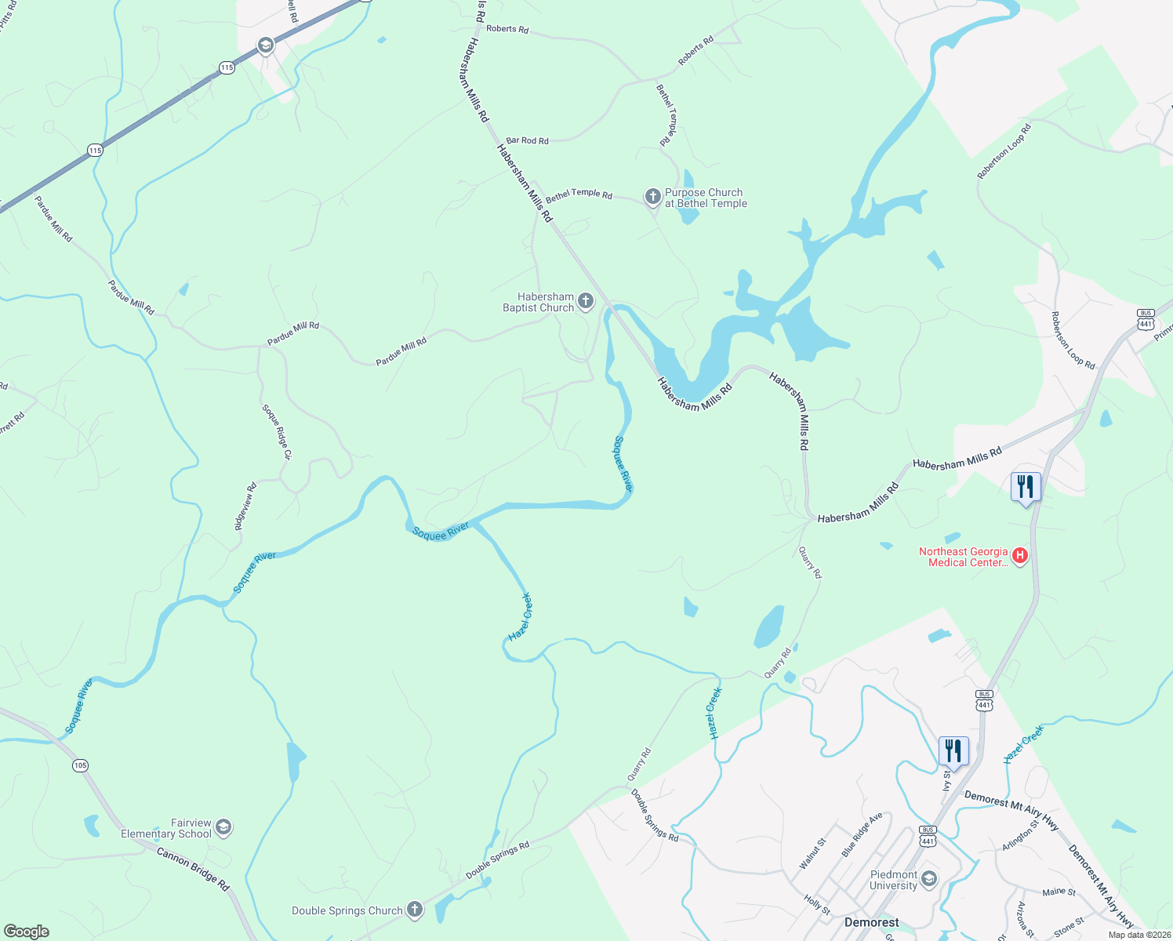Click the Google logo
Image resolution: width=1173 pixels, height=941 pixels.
[x=27, y=932]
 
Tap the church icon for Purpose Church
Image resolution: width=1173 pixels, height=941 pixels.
[x=652, y=197]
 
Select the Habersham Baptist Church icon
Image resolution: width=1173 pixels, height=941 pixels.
[x=585, y=301]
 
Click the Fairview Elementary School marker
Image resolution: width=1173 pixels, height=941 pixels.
[x=223, y=827]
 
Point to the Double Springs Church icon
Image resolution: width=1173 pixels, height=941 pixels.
[x=415, y=910]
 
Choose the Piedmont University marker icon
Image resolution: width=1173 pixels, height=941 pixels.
[x=929, y=879]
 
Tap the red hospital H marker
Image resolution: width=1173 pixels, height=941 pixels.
[x=1020, y=556]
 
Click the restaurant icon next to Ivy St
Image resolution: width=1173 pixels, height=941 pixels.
[x=953, y=751]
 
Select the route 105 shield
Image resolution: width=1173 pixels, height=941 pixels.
[x=80, y=765]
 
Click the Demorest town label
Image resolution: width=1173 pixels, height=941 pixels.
[x=871, y=922]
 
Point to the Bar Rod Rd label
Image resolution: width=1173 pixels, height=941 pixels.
[x=527, y=141]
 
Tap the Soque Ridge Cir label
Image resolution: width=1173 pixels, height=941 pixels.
[x=277, y=432]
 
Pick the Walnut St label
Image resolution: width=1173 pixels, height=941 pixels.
[x=812, y=853]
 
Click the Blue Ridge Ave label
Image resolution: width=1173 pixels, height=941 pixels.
[x=862, y=834]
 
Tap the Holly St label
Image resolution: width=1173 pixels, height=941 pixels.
[x=817, y=904]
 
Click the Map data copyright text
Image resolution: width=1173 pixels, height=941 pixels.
[x=1139, y=935]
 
